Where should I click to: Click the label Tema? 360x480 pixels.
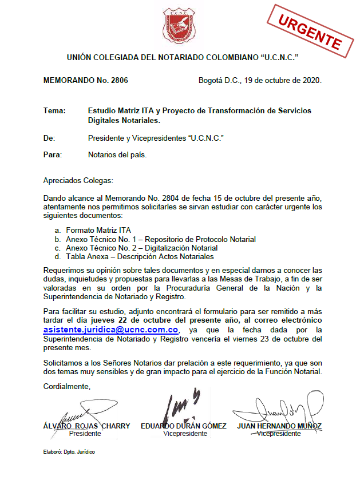[54, 110]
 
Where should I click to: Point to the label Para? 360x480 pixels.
[53, 154]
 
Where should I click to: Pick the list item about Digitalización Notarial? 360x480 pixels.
[141, 248]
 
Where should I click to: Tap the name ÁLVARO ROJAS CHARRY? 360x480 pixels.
[86, 426]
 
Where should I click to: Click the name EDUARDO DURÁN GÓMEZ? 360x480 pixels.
[184, 426]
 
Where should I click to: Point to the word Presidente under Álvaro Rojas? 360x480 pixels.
[85, 434]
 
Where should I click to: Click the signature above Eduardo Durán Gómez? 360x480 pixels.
[180, 405]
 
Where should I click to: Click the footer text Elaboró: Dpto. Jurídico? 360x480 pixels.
[69, 452]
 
